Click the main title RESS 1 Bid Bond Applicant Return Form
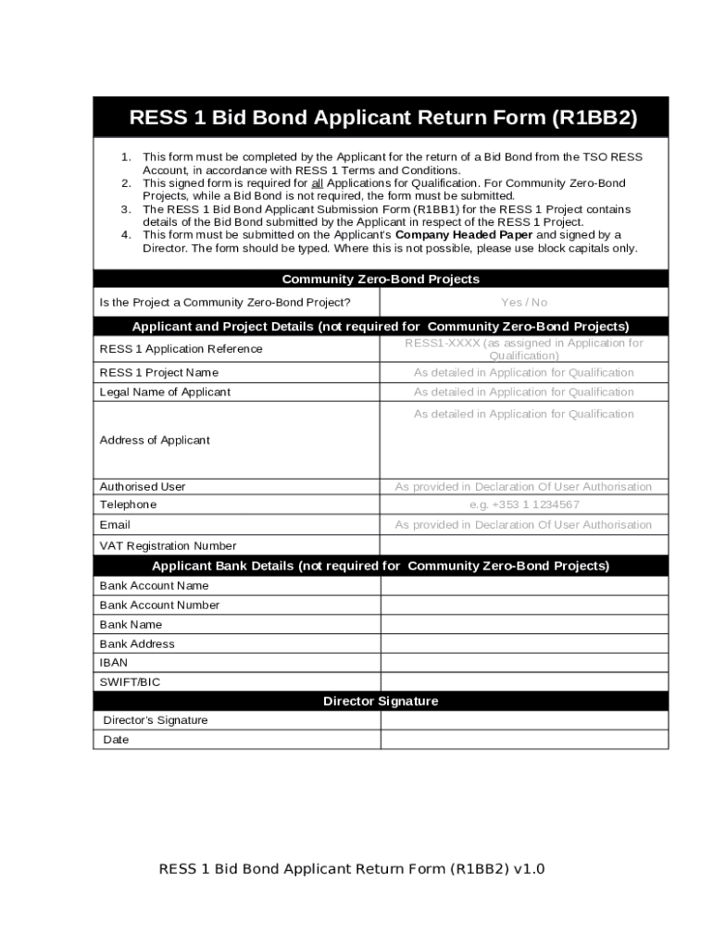click(x=382, y=118)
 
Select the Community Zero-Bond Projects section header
click(x=381, y=279)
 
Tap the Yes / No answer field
click(x=523, y=303)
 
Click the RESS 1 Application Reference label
click(x=181, y=349)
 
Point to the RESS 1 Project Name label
click(x=159, y=372)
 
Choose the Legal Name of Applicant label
click(x=165, y=392)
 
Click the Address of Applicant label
click(x=155, y=440)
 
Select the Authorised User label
click(x=143, y=486)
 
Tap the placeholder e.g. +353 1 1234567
click(x=523, y=505)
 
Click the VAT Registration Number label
click(x=168, y=545)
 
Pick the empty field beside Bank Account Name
click(x=523, y=586)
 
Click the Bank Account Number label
click(x=159, y=605)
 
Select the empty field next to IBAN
click(x=523, y=663)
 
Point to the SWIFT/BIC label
click(x=130, y=682)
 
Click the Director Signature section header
click(x=381, y=701)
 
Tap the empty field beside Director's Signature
click(x=523, y=720)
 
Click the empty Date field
click(x=523, y=740)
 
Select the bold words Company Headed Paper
click(x=463, y=235)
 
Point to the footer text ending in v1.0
click(x=352, y=868)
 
